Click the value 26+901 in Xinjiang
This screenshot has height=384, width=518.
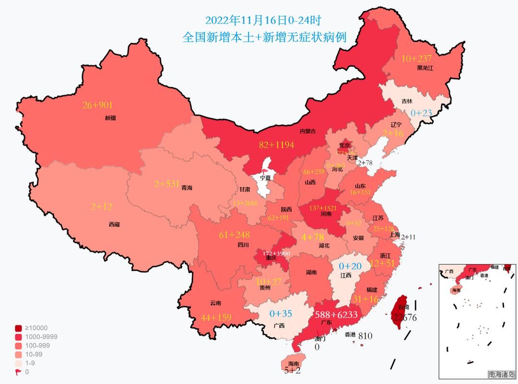pos(98,105)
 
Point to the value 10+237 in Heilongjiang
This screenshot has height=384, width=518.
pos(416,59)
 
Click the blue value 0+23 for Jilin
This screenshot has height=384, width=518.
pos(422,113)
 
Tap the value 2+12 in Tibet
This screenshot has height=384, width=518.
pos(102,207)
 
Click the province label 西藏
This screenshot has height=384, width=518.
pos(114,224)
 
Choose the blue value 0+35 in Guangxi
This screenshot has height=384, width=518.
pos(281,314)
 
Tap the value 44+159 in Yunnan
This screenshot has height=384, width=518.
pos(216,317)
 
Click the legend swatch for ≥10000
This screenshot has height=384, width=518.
pos(18,328)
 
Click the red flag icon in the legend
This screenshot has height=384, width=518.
pos(18,372)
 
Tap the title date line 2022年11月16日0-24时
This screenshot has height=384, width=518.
pos(262,20)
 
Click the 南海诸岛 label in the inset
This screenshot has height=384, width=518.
pos(501,374)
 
